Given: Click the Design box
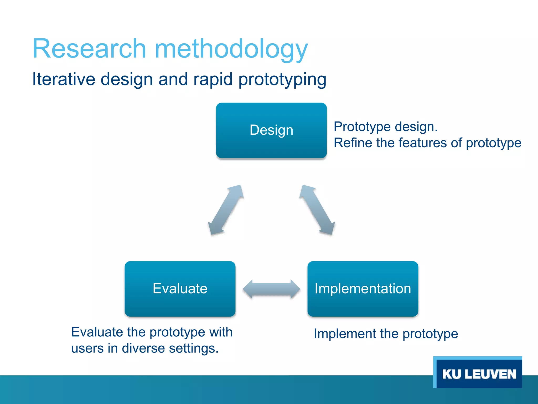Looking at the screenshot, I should point(271,130).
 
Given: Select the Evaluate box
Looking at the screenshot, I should point(180,289).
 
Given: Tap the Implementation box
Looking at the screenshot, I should point(363,289).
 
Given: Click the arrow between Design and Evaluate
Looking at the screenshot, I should point(226,210).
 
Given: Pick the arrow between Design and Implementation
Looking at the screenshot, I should point(317,210).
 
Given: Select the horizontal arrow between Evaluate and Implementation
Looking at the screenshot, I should point(271,289).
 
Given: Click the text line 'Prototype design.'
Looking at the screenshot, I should point(385,127).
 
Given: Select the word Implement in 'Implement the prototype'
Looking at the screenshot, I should point(345,334).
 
